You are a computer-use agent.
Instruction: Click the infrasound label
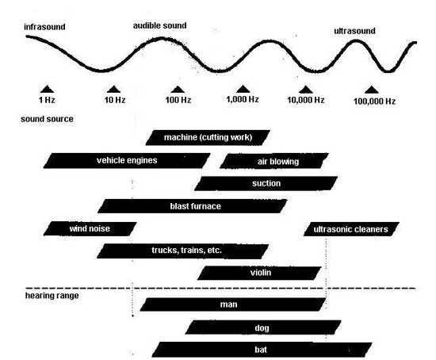point(44,27)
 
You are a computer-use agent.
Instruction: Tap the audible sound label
point(159,25)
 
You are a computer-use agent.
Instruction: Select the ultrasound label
point(354,31)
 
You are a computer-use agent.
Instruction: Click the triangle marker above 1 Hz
point(47,89)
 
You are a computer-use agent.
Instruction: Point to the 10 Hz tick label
point(115,100)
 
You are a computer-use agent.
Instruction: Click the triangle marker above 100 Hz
point(178,89)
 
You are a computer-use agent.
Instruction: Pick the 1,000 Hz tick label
point(243,99)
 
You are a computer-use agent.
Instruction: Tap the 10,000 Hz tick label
point(306,100)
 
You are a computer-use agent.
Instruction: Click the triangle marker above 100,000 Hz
point(372,90)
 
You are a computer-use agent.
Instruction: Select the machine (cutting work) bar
point(208,137)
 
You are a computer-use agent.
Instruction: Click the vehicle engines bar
point(127,160)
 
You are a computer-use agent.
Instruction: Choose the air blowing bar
point(274,161)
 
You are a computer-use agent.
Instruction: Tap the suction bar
point(266,183)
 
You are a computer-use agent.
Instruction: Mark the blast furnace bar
point(193,206)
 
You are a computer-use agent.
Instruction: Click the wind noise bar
point(90,228)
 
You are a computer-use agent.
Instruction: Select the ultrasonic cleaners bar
point(351,229)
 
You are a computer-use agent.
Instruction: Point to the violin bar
point(259,273)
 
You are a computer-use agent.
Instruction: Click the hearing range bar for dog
point(263,327)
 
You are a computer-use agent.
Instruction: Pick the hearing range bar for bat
point(262,350)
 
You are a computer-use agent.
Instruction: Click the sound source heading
point(47,119)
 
